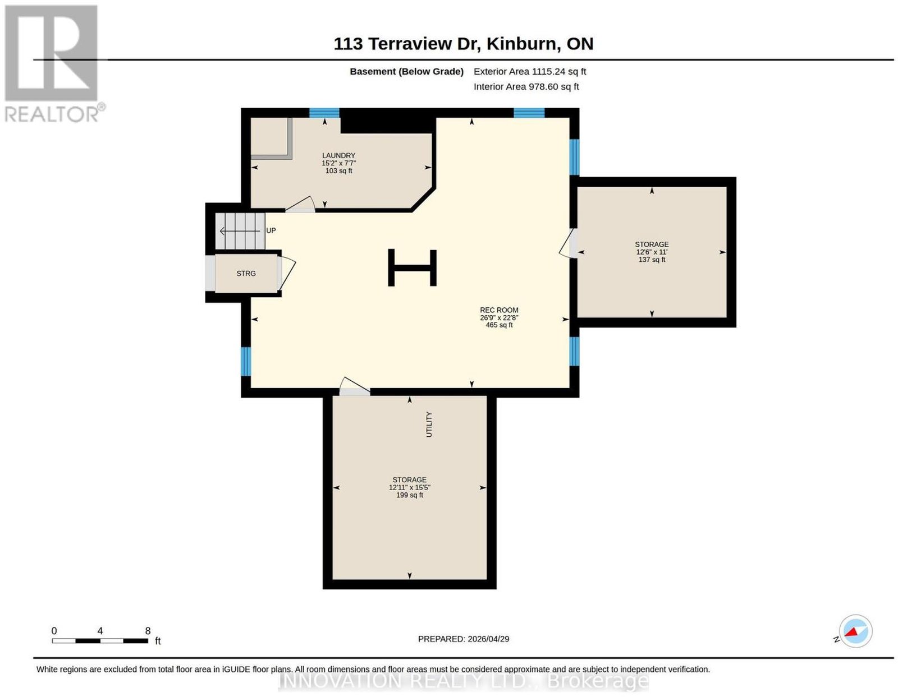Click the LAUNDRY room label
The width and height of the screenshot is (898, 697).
338,155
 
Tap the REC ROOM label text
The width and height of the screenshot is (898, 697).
499,310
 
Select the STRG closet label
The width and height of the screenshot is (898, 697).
246,273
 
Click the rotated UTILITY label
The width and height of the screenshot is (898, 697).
429,424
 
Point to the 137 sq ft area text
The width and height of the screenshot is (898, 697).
652,260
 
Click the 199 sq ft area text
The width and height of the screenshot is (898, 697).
410,495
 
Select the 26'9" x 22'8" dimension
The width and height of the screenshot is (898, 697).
499,317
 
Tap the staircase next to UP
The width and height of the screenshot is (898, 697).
240,231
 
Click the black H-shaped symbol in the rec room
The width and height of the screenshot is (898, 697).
412,267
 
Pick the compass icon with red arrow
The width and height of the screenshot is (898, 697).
855,631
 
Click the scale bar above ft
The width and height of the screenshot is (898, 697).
99,641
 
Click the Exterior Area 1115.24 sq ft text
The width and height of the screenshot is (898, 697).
530,71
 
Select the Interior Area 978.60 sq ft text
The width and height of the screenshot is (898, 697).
526,87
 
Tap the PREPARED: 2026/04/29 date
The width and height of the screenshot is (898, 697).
464,639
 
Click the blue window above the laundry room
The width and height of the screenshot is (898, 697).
324,113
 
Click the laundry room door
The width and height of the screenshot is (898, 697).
300,205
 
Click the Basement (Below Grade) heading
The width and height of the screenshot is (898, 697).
407,71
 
